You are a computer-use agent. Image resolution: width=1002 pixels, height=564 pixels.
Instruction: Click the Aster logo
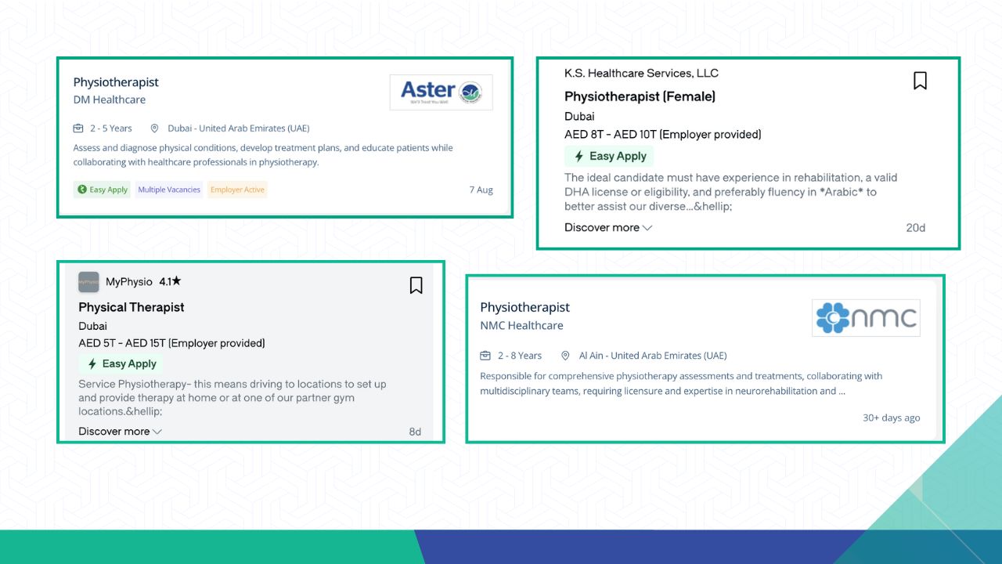click(x=441, y=92)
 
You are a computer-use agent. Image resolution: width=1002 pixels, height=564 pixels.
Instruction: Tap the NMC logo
click(x=866, y=318)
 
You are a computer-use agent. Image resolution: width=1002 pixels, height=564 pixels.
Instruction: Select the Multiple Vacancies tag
click(x=169, y=190)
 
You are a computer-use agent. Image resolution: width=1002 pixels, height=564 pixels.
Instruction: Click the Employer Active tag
click(x=237, y=190)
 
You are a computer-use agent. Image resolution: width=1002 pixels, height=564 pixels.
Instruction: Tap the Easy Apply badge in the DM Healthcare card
click(x=102, y=190)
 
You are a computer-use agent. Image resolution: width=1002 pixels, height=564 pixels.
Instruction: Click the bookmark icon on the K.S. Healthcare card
click(x=920, y=81)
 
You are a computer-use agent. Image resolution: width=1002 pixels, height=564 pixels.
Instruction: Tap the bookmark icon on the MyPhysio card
click(x=416, y=285)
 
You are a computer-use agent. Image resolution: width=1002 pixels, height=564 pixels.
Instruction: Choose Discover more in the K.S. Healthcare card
click(x=608, y=227)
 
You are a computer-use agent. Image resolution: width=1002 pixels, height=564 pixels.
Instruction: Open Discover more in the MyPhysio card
click(x=120, y=431)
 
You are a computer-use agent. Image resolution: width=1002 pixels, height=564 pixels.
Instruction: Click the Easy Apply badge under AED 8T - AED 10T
click(x=609, y=156)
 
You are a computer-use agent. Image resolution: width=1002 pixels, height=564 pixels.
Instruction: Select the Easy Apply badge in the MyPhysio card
click(x=121, y=363)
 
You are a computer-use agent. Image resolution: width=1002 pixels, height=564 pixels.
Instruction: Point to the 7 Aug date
click(x=481, y=190)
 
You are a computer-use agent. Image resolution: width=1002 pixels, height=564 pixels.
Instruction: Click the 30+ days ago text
click(x=891, y=418)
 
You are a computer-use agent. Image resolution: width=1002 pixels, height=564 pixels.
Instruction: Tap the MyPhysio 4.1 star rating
click(x=170, y=281)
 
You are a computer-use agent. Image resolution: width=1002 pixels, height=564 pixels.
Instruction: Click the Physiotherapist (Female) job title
click(x=640, y=96)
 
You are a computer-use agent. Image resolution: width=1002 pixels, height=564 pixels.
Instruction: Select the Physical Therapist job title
click(x=131, y=307)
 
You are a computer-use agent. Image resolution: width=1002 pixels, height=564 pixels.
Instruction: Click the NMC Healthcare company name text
click(x=521, y=325)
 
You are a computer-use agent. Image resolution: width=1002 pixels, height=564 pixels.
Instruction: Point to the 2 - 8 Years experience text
click(x=519, y=356)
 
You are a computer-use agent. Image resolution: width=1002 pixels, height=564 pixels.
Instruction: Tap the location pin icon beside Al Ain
click(x=565, y=356)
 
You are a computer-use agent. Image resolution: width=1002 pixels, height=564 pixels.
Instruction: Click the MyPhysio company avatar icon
click(x=88, y=282)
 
